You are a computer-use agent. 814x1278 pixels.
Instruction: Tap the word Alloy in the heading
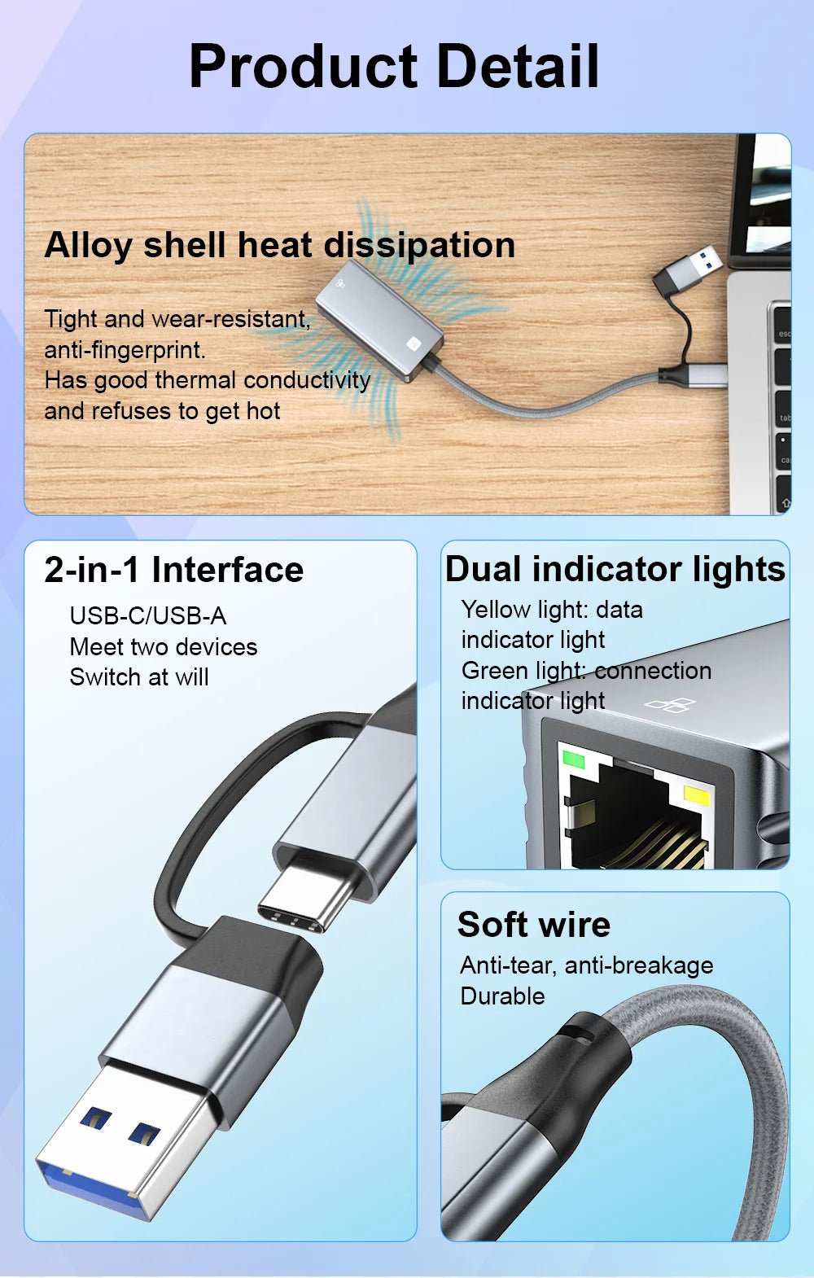[88, 245]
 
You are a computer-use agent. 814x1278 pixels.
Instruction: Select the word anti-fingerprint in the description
[125, 350]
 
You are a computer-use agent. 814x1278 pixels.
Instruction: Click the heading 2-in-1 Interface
[173, 569]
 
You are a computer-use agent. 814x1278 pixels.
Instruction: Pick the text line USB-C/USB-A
[147, 615]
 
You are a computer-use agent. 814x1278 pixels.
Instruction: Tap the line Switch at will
[138, 677]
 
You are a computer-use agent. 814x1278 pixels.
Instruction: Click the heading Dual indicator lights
[615, 569]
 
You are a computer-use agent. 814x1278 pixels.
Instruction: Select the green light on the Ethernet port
[574, 760]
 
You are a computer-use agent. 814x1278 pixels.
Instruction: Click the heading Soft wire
[533, 925]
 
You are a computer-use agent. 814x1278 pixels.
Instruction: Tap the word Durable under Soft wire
[502, 996]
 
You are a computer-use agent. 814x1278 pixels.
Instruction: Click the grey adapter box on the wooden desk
[379, 318]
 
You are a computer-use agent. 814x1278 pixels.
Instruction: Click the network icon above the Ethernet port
[670, 705]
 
